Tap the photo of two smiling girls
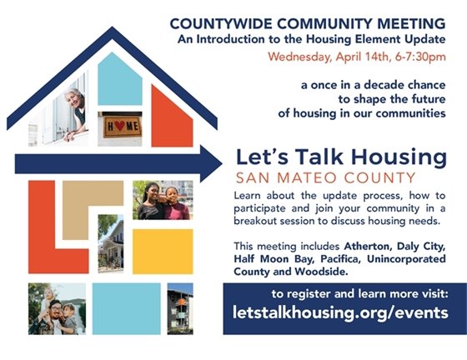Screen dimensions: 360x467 click(x=163, y=200)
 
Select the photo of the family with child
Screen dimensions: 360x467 click(x=57, y=308)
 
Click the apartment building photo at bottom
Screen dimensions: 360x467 click(x=179, y=308)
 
